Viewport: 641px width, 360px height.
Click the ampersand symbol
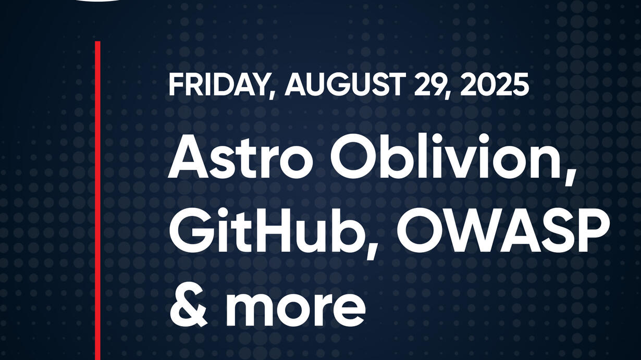[189, 304]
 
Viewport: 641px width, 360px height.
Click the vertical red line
[97, 201]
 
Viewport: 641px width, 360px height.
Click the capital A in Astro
[188, 157]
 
